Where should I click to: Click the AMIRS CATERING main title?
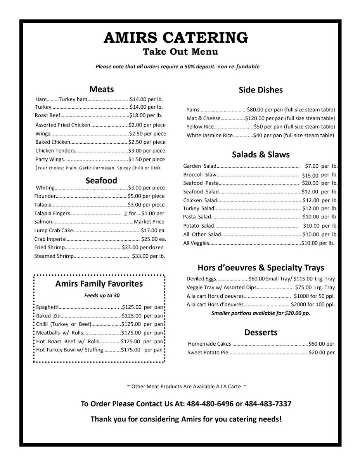click(176, 37)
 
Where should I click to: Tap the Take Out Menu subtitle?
click(180, 52)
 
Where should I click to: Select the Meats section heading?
click(101, 89)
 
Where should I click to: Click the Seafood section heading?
click(101, 181)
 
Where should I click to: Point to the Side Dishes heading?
click(261, 90)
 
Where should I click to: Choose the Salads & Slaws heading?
click(261, 155)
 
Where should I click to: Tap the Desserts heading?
click(261, 332)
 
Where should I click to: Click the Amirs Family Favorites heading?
click(99, 284)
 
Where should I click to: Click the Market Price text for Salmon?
click(149, 222)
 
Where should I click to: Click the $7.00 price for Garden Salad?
click(312, 166)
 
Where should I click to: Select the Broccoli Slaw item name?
click(199, 175)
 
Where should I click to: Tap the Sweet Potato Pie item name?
click(208, 353)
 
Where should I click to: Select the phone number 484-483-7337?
click(268, 404)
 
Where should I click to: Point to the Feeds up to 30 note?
click(102, 296)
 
